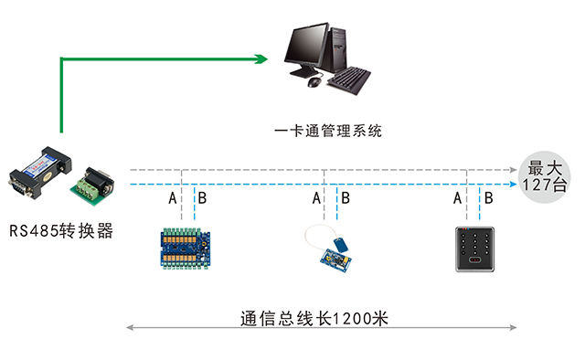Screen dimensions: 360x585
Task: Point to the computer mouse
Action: pyautogui.click(x=315, y=82)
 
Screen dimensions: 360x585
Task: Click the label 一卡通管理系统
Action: pyautogui.click(x=328, y=131)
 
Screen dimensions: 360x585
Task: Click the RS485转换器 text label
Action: pyautogui.click(x=61, y=231)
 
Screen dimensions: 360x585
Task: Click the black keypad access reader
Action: pyautogui.click(x=479, y=249)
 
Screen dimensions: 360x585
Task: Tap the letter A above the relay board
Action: pyautogui.click(x=172, y=198)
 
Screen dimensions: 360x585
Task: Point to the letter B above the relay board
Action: pyautogui.click(x=203, y=198)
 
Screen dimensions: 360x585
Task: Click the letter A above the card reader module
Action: pyautogui.click(x=316, y=198)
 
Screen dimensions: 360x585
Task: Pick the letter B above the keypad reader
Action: pyautogui.click(x=489, y=198)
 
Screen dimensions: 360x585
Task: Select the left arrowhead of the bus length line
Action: pyautogui.click(x=129, y=327)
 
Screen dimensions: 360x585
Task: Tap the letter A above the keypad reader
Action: pyautogui.click(x=457, y=198)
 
